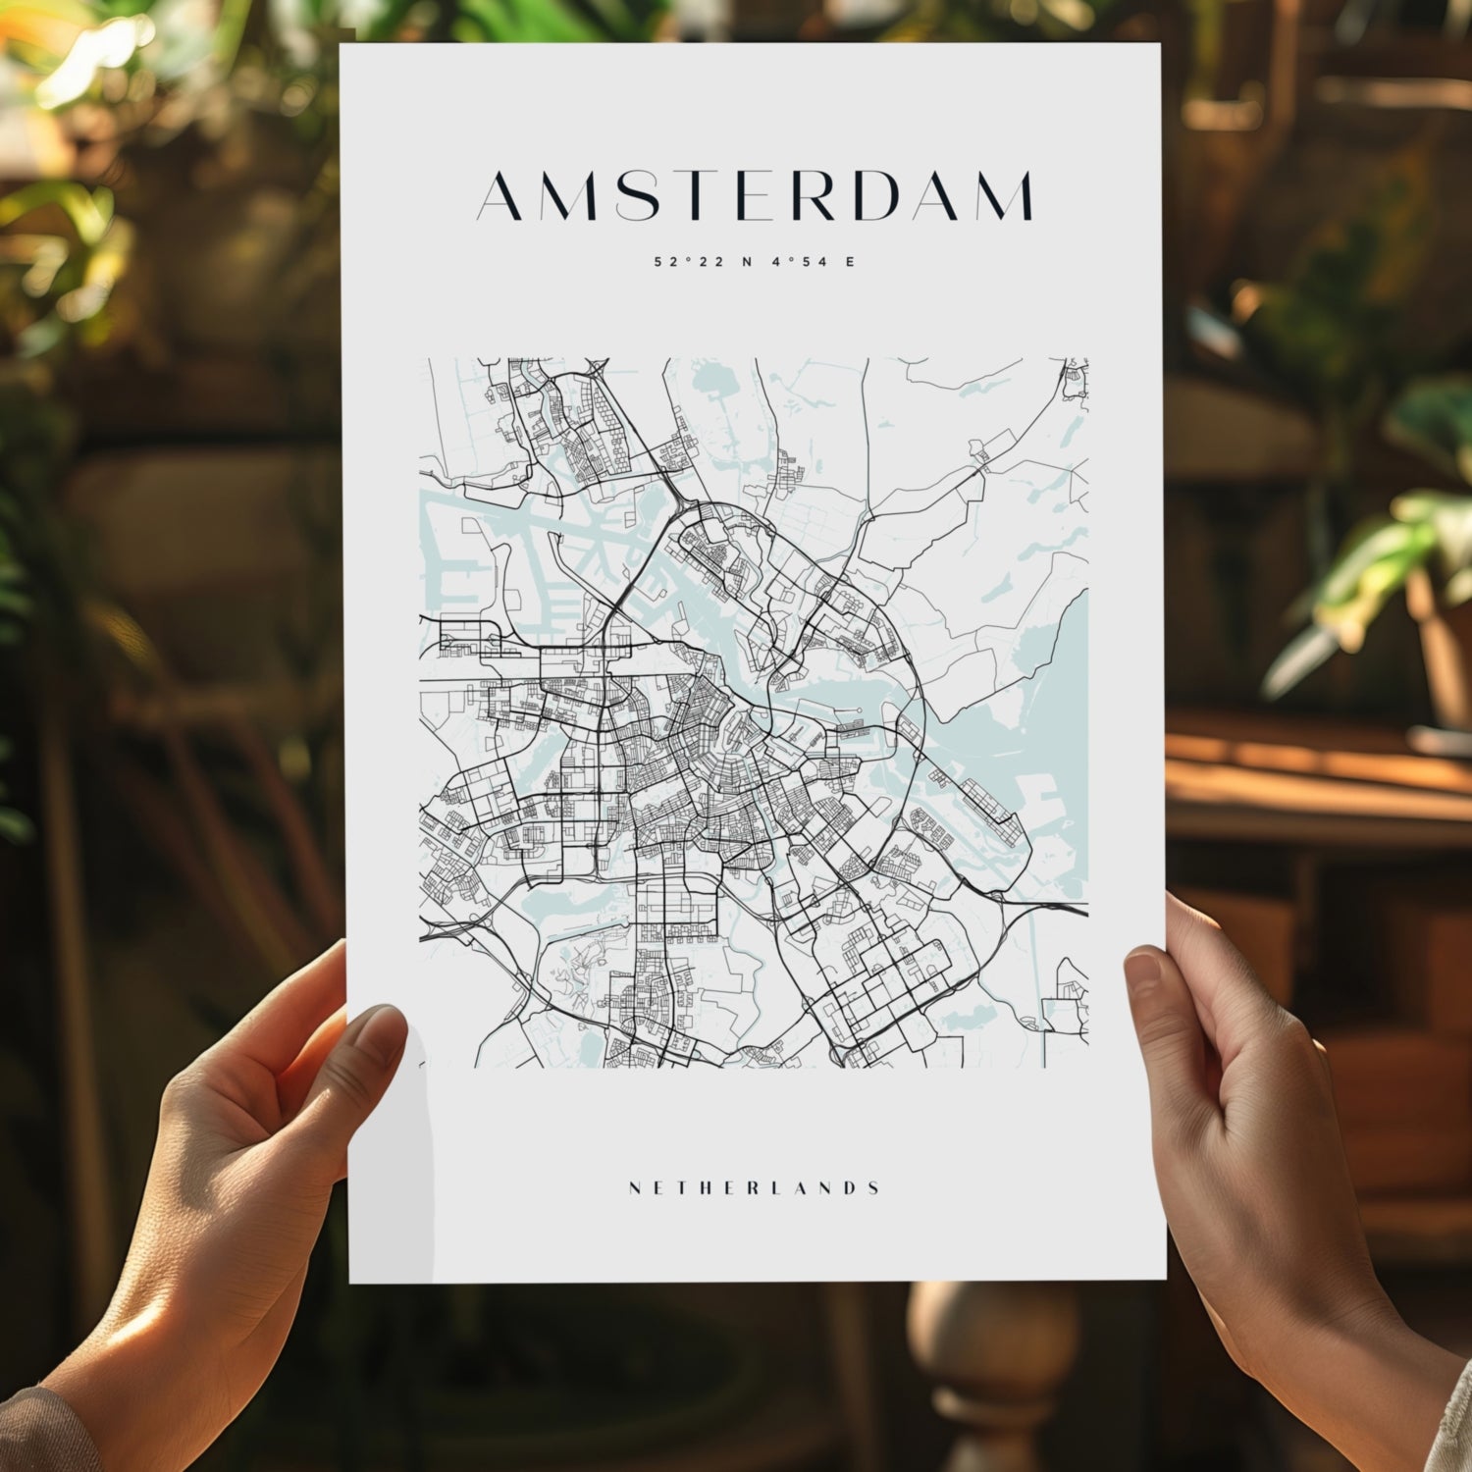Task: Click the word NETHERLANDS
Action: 754,1188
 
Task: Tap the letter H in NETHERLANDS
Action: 704,1188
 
